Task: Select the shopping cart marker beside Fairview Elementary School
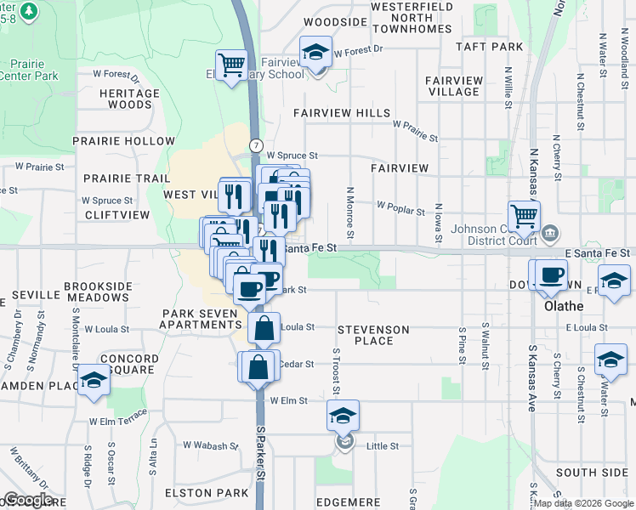pos(231,65)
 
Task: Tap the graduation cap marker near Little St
pos(343,416)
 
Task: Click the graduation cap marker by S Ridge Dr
pos(94,380)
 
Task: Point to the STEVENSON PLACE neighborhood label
pos(373,335)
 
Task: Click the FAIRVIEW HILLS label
pos(342,113)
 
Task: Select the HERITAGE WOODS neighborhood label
pos(129,99)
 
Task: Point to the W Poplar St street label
pos(400,207)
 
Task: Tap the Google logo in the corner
pos(27,499)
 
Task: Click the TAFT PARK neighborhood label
pos(489,48)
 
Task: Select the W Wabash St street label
pos(212,445)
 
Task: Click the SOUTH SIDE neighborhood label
pos(592,472)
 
